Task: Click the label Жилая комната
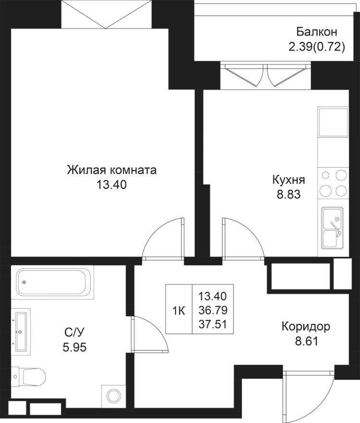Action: (x=112, y=170)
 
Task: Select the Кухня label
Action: (x=288, y=180)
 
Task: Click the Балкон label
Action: (x=316, y=32)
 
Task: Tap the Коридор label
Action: (x=306, y=327)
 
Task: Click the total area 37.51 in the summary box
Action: (x=212, y=324)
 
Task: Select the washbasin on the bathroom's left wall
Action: (x=21, y=329)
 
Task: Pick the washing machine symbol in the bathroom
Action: (x=113, y=396)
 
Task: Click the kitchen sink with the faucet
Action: (x=333, y=230)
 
